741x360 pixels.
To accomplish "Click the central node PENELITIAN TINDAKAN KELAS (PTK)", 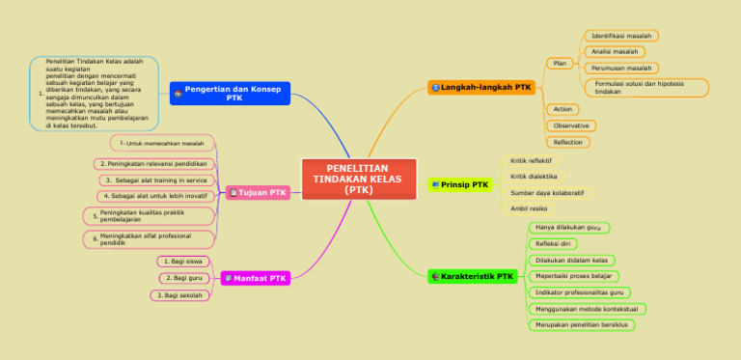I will pyautogui.click(x=358, y=180).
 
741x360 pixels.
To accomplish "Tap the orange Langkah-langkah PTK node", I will pyautogui.click(x=480, y=87).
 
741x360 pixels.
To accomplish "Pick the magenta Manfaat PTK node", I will pyautogui.click(x=256, y=278).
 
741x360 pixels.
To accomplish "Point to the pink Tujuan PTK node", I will pyautogui.click(x=259, y=192).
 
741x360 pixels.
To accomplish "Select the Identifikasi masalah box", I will pyautogui.click(x=620, y=36).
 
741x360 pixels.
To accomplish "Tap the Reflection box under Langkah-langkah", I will pyautogui.click(x=567, y=142).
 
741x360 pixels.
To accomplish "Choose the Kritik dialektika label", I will pyautogui.click(x=534, y=177).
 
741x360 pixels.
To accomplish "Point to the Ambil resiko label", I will pyautogui.click(x=529, y=208).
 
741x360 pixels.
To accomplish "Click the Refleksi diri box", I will pyautogui.click(x=555, y=244).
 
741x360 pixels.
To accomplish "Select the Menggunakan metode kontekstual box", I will pyautogui.click(x=588, y=309).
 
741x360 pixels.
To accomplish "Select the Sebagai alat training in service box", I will pyautogui.click(x=156, y=180).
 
